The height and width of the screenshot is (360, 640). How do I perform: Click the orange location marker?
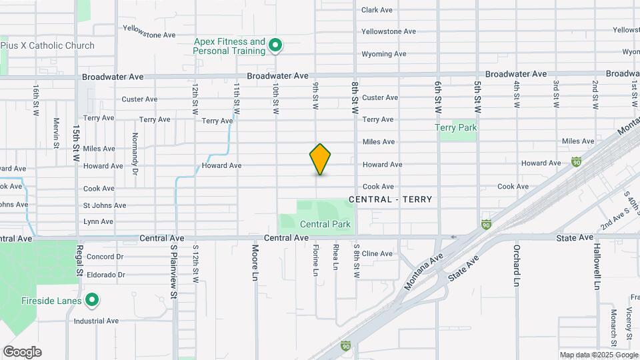[x=321, y=159]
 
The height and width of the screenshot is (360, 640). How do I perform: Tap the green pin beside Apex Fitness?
[x=275, y=46]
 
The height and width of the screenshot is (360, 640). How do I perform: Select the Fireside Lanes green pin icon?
[x=92, y=301]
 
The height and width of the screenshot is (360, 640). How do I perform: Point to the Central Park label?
[x=325, y=225]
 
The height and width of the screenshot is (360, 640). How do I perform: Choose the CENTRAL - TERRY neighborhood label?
[x=390, y=199]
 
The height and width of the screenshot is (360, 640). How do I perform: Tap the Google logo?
[x=22, y=352]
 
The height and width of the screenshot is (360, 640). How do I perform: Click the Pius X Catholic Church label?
[x=47, y=45]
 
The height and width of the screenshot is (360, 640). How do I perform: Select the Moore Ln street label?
[x=255, y=261]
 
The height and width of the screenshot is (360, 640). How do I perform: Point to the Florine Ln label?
[x=315, y=261]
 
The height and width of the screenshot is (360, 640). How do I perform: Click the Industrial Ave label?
[x=96, y=321]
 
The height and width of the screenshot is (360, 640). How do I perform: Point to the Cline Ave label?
[x=377, y=253]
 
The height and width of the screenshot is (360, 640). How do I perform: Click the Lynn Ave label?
[x=98, y=221]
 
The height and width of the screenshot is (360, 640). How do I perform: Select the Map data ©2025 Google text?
[x=598, y=355]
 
